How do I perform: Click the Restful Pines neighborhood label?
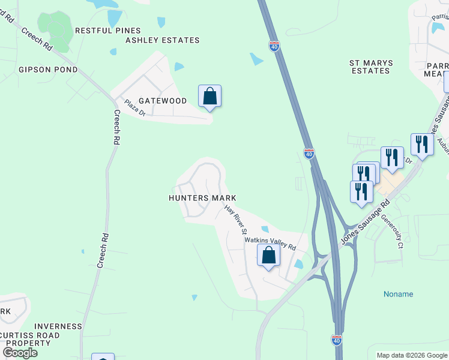tap(107, 31)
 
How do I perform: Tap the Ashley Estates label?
tap(162, 40)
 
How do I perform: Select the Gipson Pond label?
tap(48, 70)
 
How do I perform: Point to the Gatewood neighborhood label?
tap(163, 101)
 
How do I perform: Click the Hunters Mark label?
tap(202, 198)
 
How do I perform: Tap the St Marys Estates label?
tap(370, 67)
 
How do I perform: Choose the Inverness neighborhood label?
tap(58, 326)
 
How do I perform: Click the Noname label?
tap(398, 294)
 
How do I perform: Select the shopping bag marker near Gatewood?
tap(209, 96)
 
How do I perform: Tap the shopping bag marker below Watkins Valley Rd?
tap(269, 256)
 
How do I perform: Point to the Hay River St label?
tap(236, 219)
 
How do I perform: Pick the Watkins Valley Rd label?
tap(270, 243)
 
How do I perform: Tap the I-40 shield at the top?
tap(274, 46)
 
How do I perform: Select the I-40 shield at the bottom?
tap(337, 340)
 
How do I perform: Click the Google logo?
tap(20, 353)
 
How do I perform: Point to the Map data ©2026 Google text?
tap(411, 355)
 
